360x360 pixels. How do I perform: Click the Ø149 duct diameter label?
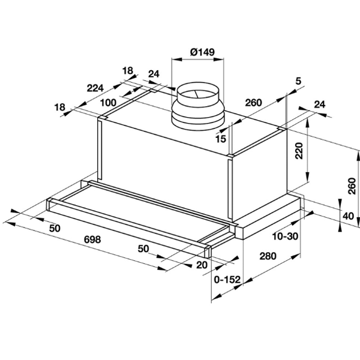click(202, 52)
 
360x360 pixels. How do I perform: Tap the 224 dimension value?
click(95, 88)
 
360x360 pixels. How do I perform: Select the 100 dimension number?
click(108, 103)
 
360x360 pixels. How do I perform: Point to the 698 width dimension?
click(92, 239)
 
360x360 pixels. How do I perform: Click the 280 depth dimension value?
click(268, 256)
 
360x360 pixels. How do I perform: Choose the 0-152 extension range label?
click(227, 280)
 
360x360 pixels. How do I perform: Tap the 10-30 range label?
click(285, 236)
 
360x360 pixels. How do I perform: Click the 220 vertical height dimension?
click(299, 151)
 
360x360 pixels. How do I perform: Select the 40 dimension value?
click(348, 216)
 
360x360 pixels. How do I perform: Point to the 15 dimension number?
click(221, 139)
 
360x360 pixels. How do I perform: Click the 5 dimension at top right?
click(298, 81)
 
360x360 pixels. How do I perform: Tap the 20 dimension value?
click(202, 265)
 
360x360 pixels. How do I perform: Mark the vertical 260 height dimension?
click(352, 186)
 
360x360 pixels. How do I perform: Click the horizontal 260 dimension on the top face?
click(253, 103)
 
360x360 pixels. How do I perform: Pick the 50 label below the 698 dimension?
click(143, 248)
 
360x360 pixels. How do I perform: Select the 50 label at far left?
click(55, 228)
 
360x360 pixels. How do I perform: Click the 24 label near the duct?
click(154, 74)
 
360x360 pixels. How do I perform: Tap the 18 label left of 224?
click(59, 107)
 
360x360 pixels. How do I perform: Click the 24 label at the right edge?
click(320, 104)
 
